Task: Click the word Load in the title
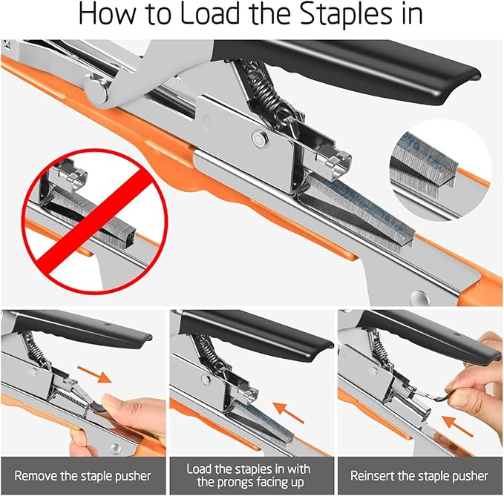click(x=210, y=14)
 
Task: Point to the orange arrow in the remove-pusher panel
click(x=94, y=374)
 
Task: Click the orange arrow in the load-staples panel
click(x=289, y=412)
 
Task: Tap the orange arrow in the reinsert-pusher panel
click(x=457, y=426)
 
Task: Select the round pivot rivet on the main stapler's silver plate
click(x=260, y=139)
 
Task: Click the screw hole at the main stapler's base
click(x=419, y=297)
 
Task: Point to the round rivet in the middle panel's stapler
click(x=206, y=380)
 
